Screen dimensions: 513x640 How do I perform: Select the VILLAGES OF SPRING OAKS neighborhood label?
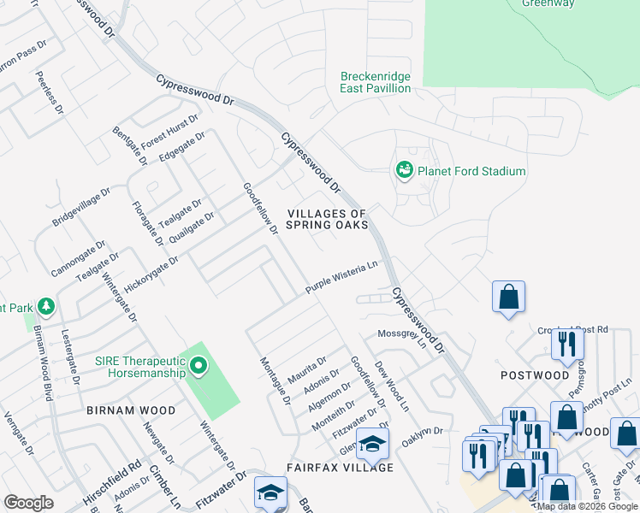pos(327,219)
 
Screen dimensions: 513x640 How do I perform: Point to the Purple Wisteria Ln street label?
pos(342,278)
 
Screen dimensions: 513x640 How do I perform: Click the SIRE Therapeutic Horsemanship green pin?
pos(199,368)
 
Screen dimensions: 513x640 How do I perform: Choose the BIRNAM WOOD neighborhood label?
pos(131,410)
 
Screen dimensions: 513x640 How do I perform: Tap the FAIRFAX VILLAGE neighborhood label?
pos(340,468)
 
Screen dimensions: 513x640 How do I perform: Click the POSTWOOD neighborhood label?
pos(535,375)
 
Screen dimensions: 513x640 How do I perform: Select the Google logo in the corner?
pos(28,502)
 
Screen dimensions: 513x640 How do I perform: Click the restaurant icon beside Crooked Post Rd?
pos(567,344)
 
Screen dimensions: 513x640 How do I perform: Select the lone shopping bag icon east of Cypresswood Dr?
pos(508,298)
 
